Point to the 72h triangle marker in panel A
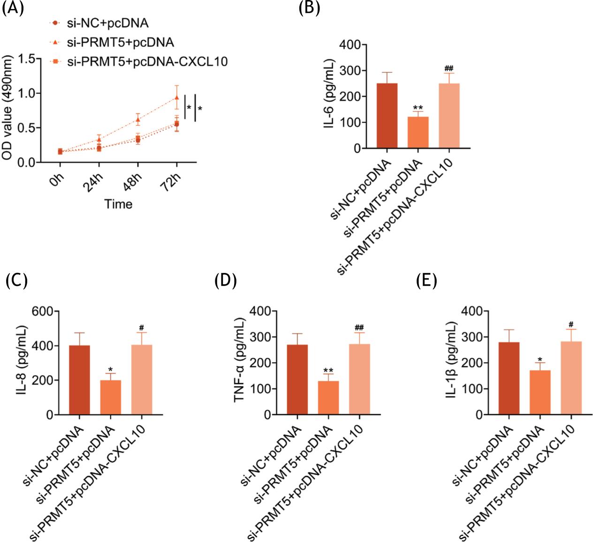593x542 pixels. point(177,98)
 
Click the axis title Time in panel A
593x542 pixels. point(118,204)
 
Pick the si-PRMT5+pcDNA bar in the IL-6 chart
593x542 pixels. point(418,132)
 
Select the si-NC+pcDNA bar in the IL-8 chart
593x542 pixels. point(79,380)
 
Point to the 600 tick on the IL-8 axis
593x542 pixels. point(43,311)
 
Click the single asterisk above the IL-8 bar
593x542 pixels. point(111,369)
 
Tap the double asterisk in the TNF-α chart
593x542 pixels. point(328,371)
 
